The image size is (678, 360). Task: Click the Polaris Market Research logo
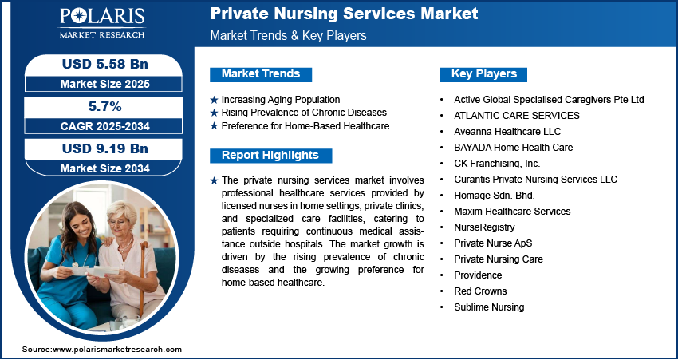102,23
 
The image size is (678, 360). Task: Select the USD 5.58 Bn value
105,65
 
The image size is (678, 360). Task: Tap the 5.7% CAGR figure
104,106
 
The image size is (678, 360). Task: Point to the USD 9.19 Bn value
105,148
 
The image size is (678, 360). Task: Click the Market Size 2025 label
105,84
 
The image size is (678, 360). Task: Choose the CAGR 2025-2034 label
105,126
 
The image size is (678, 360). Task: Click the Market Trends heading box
261,74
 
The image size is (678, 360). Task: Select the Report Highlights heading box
270,156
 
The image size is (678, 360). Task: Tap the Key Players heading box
483,74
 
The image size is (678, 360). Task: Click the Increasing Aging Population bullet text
281,100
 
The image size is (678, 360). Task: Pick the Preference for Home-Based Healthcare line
305,126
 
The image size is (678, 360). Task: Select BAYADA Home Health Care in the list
513,148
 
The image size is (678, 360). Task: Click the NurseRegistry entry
484,227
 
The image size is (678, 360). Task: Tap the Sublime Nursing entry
489,307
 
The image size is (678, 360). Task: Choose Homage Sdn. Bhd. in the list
495,195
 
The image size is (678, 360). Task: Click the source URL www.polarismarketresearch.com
117,350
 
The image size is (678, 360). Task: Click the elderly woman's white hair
122,211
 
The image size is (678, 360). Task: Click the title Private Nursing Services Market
345,14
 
